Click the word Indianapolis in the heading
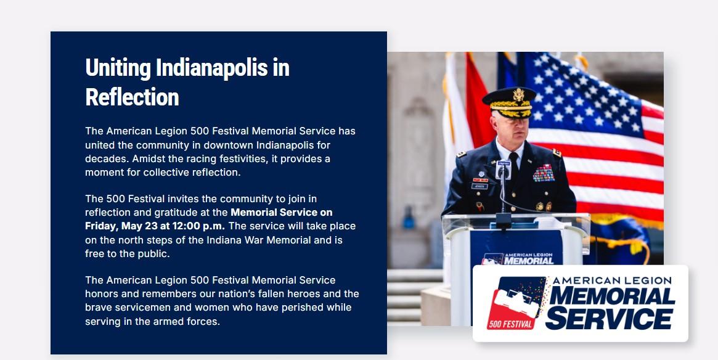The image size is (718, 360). pos(211,68)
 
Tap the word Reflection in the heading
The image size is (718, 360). pos(132,97)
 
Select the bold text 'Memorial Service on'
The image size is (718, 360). pos(282,213)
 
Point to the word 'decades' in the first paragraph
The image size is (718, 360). pos(103,158)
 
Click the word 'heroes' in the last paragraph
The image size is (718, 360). pos(314,293)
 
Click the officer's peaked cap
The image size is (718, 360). pos(509,102)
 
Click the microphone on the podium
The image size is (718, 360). pos(504,169)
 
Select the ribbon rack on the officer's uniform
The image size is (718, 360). pos(544,173)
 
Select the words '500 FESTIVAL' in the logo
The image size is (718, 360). pos(510,325)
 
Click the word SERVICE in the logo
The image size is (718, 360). pos(609,318)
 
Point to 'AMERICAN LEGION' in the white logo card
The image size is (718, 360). pos(612,280)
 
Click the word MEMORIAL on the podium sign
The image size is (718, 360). pos(529,261)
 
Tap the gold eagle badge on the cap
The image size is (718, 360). pos(518,95)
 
